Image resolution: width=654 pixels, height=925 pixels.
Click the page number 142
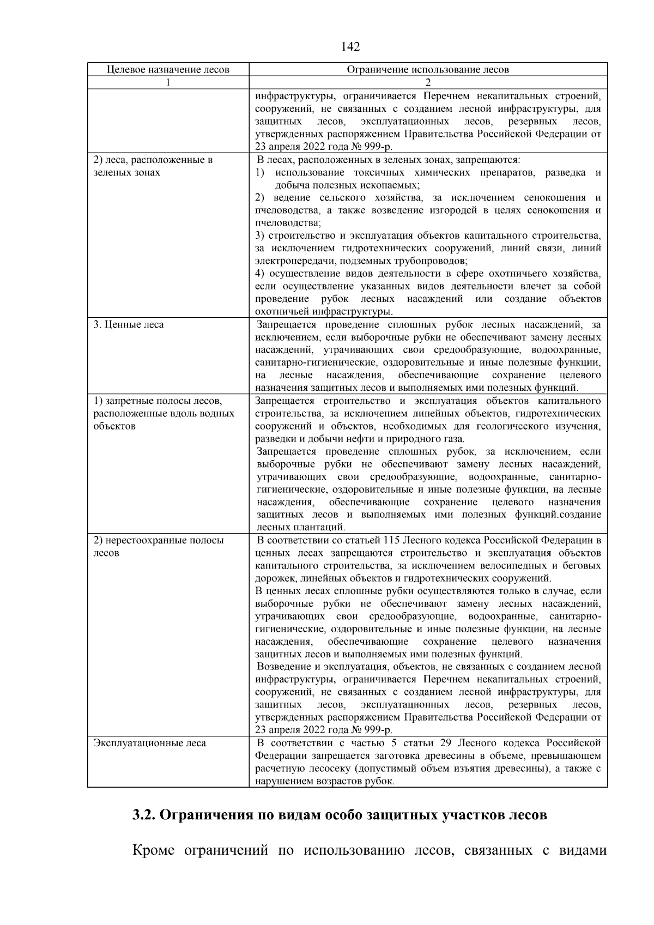[x=350, y=47]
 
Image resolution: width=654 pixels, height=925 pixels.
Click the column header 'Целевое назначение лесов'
[x=168, y=70]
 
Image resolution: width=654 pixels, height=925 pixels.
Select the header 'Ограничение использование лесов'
[x=428, y=70]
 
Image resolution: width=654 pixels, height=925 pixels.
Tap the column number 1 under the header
[x=168, y=83]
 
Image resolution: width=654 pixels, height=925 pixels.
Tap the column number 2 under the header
[x=428, y=83]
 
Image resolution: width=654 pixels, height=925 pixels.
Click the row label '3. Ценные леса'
[x=129, y=325]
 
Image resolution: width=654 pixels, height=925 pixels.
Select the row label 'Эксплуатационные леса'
[x=150, y=743]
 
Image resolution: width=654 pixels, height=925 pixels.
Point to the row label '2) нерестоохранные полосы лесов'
[x=158, y=547]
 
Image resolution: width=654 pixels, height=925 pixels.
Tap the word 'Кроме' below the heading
[x=153, y=851]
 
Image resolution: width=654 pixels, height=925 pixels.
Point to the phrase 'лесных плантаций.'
[x=301, y=528]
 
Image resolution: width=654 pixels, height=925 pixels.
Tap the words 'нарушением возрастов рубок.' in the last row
[x=324, y=781]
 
